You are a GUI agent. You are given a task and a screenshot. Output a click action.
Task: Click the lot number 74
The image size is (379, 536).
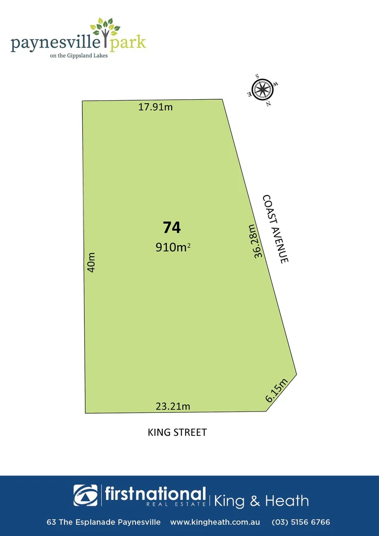pos(172,228)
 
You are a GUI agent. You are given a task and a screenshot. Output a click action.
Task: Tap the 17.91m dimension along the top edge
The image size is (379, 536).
pos(155,107)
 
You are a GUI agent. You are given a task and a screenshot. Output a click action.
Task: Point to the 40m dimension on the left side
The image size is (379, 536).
pos(91,262)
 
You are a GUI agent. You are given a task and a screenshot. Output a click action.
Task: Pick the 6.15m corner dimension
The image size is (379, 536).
pos(276,390)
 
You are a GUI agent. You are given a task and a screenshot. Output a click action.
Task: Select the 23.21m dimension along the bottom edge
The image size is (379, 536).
pos(173,406)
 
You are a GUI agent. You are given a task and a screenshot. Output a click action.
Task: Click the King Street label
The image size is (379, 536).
pos(177,432)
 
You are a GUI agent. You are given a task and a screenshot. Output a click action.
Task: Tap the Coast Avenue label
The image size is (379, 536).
pos(275,229)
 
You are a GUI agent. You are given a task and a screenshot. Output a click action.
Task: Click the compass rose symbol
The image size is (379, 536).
pos(262,90)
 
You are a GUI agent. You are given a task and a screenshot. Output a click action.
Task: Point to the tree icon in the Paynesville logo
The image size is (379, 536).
pos(105,29)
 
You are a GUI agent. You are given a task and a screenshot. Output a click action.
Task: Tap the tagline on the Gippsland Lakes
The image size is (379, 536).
pos(79,56)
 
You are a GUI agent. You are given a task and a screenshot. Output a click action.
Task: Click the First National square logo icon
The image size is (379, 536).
pos(86,495)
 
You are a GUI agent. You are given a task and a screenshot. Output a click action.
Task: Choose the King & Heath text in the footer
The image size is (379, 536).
pos(261,501)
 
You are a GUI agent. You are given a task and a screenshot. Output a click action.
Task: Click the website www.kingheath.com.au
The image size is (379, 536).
pos(215,522)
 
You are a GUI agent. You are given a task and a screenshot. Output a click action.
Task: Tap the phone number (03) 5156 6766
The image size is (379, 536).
pos(301,522)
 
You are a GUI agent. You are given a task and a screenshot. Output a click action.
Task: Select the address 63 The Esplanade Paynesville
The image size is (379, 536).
pos(104,522)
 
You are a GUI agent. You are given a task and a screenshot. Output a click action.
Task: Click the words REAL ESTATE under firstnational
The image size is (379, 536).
pos(176,504)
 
